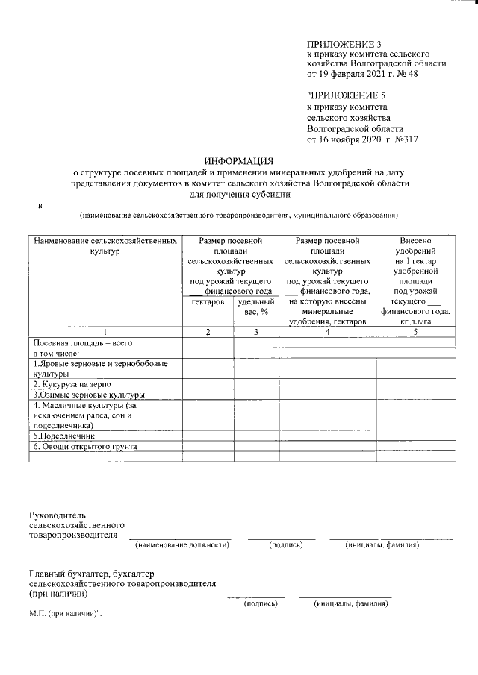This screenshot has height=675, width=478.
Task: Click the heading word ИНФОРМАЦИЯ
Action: coord(239,160)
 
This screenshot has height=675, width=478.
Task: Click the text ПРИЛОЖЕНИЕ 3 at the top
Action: coord(339,45)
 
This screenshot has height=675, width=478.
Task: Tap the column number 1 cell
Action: coord(105,332)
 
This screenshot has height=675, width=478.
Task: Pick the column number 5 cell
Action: coord(415,332)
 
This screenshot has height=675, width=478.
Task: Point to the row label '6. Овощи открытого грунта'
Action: coord(84,446)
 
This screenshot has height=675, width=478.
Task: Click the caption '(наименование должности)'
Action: coord(181,545)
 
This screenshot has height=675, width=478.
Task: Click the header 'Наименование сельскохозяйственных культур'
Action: coord(105,246)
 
